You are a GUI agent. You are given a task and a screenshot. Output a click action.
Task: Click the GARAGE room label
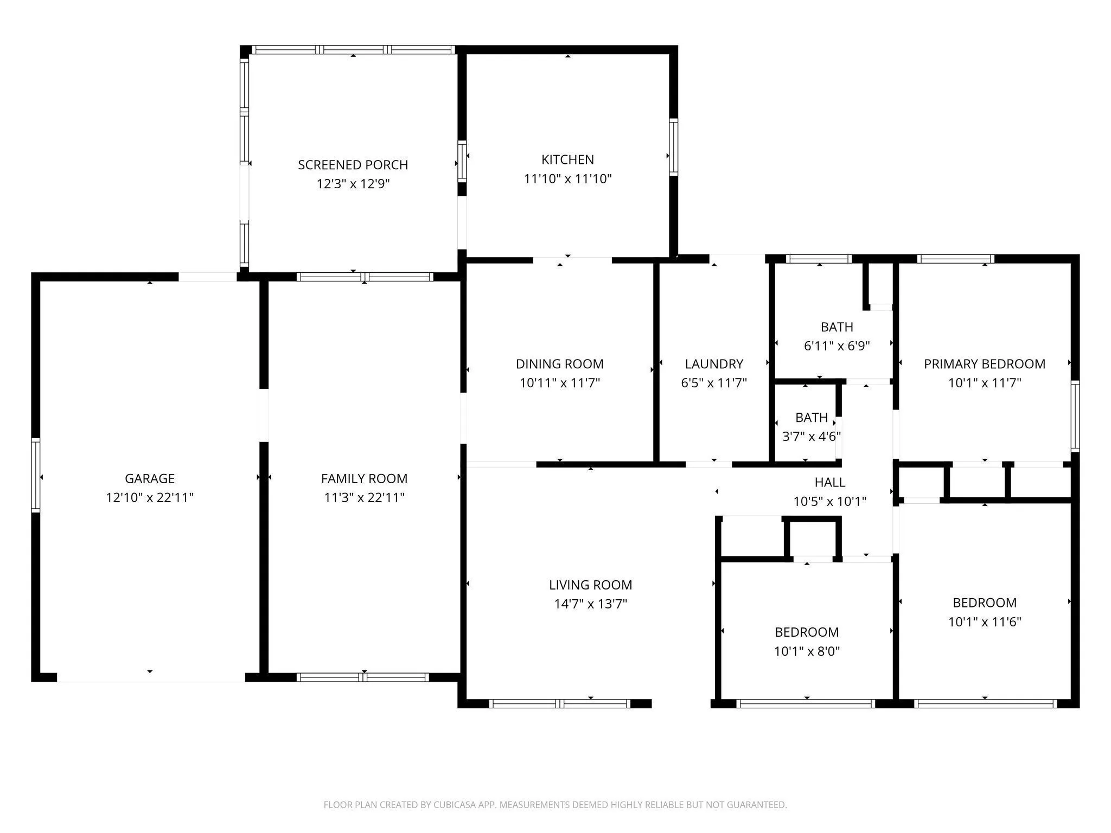point(150,478)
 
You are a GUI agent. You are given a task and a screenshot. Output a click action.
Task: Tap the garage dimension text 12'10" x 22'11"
point(150,497)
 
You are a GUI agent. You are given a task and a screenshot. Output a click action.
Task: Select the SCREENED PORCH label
point(353,165)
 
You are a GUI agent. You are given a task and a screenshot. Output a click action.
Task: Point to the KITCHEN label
point(568,159)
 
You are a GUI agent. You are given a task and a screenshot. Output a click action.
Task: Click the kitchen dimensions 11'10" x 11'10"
point(568,178)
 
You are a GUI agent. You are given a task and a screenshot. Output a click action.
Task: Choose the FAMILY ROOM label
point(364,478)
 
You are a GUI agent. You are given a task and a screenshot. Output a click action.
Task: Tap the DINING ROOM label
point(560,364)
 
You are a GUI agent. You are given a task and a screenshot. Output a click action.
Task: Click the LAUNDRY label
point(714,364)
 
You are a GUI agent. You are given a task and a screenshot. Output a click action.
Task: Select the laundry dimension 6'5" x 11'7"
point(714,383)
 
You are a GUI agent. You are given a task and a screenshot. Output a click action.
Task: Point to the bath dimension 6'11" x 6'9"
point(837,345)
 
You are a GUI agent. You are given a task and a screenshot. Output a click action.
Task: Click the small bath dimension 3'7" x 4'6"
point(812,436)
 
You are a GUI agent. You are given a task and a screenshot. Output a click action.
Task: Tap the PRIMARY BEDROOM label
point(985,364)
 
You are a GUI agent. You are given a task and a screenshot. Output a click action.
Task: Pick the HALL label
point(830,482)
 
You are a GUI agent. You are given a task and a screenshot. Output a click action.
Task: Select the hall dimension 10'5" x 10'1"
point(830,501)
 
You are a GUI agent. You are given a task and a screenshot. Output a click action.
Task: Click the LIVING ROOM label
point(591,585)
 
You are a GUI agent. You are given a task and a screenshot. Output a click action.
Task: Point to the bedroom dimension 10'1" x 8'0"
point(807,651)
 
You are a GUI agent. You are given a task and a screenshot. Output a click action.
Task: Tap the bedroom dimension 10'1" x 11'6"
point(985,621)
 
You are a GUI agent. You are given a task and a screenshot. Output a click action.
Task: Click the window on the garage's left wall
point(36,475)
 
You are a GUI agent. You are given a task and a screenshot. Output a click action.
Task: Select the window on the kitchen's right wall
point(674,147)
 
